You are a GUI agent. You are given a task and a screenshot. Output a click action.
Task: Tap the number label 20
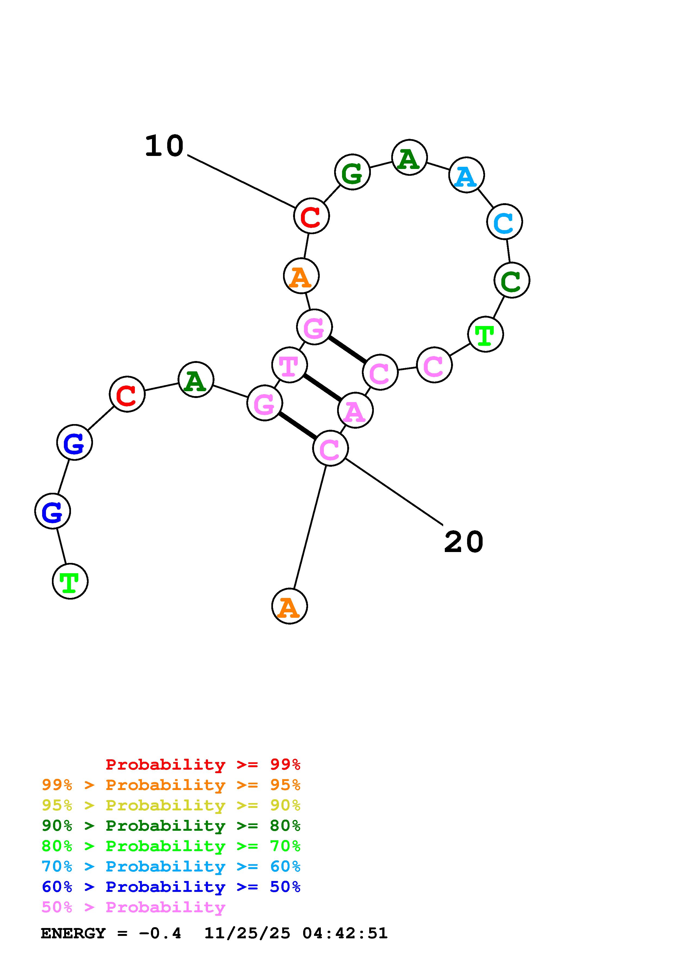pos(464,542)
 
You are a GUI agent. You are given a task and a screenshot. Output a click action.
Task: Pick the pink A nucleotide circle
pos(355,410)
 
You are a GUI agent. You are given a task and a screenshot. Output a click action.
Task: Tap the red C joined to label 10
pos(312,216)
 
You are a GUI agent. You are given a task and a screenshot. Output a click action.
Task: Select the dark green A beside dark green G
pos(409,157)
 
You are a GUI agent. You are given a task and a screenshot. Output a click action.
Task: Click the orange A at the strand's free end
pos(290,606)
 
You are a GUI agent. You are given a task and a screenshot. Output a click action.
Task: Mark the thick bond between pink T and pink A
pos(322,388)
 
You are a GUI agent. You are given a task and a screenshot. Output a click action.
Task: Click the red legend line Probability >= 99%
pos(203,764)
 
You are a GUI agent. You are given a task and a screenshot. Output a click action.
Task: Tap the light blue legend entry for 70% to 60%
pos(171,866)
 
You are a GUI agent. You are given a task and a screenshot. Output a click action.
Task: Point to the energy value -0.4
pos(160,933)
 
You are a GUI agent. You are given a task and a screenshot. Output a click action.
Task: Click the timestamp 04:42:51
pos(345,933)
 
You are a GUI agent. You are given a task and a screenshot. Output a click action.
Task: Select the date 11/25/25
pos(247,933)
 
